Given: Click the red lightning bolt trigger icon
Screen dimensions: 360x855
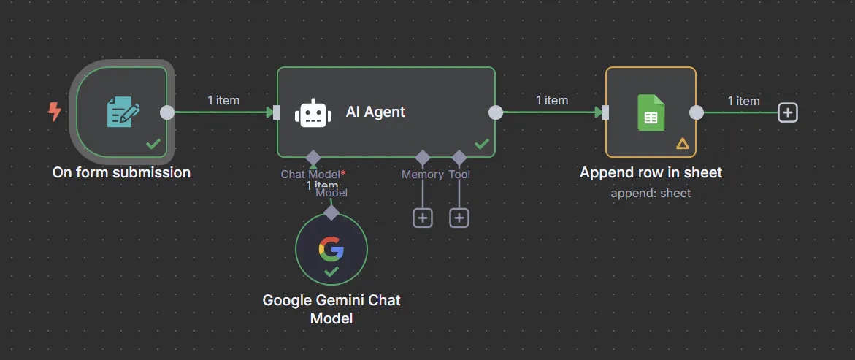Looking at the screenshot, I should pos(54,112).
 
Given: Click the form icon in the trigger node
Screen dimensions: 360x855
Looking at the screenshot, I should pos(123,112).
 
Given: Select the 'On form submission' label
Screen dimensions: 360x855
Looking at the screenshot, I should pos(121,173).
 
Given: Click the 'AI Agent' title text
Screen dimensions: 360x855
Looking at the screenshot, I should pos(375,112).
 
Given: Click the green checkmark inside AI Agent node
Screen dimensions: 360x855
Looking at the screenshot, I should pos(481,144).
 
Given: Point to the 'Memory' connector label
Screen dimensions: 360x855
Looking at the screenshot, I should pos(422,175).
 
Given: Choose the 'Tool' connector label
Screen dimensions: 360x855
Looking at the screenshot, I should pos(459,175).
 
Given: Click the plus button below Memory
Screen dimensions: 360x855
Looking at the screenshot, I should pos(423,218).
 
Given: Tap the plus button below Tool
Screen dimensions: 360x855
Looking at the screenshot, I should pos(459,218).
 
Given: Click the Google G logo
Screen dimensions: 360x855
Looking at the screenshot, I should pos(331,249).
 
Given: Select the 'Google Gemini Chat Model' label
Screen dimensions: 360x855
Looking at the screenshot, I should pos(331,309).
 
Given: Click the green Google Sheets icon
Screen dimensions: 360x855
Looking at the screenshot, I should pos(651,112).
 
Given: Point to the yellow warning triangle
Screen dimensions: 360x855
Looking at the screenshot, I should pos(683,143).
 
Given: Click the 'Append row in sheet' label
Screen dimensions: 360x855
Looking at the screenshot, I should pos(651,173).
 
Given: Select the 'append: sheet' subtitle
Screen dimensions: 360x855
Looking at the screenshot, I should pos(651,194).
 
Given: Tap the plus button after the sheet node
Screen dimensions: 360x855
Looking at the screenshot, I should pos(788,112).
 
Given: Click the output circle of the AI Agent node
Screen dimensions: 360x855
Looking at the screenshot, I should pos(496,112).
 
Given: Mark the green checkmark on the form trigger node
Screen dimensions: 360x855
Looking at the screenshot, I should pos(153,144).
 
